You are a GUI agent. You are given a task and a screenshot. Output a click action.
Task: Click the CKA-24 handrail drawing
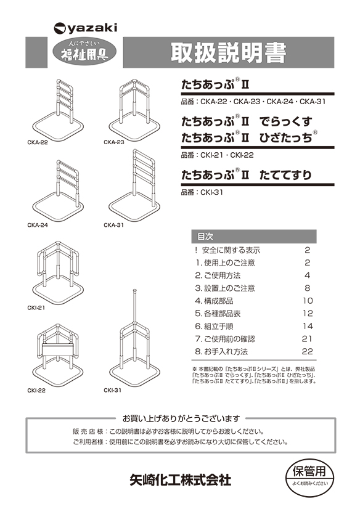pyautogui.click(x=59, y=188)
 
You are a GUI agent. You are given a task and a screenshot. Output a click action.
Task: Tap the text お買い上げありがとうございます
pyautogui.click(x=181, y=418)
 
